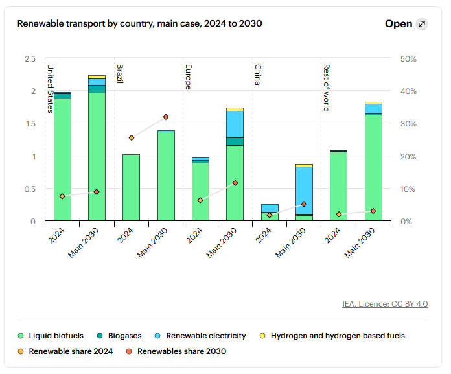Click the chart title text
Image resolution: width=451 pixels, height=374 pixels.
point(139,23)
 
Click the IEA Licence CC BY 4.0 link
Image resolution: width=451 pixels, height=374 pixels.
point(385,303)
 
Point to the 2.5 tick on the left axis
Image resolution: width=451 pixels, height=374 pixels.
point(30,59)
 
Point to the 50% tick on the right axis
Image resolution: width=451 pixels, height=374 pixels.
point(409,59)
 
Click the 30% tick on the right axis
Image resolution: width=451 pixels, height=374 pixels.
point(409,124)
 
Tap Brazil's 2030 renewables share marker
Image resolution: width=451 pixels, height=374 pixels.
point(166,117)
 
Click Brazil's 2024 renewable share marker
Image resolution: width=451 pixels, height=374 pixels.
point(131,137)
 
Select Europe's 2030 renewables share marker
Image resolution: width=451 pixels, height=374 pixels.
point(235,183)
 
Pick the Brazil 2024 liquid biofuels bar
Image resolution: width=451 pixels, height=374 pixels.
point(131,187)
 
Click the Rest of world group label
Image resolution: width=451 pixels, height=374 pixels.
point(327,88)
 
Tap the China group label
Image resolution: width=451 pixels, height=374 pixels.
point(257,75)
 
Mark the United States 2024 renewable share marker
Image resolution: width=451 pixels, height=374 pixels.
point(62,196)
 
